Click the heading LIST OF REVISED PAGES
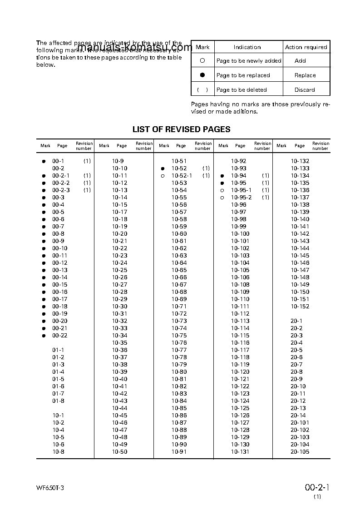tap(181, 129)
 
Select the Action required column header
tap(306, 47)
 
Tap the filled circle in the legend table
tap(202, 75)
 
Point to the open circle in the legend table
tap(202, 60)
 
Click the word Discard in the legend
tap(305, 90)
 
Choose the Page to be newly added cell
tap(248, 61)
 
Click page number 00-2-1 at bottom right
tap(317, 488)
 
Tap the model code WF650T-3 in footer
tap(53, 488)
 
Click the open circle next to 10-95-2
tap(222, 198)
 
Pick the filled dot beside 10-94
tap(222, 176)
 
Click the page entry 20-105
tap(300, 452)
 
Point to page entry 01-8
tap(58, 401)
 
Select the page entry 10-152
tap(300, 307)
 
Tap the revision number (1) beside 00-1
tap(87, 161)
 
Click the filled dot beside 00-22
tap(44, 336)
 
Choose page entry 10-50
tap(120, 452)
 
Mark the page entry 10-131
tap(240, 452)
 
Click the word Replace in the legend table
tap(305, 75)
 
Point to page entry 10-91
tap(179, 452)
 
